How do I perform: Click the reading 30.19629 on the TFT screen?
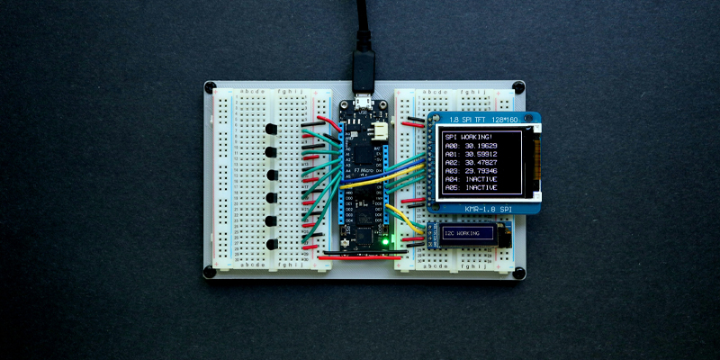(x=488, y=146)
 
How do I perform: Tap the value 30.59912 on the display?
(x=488, y=157)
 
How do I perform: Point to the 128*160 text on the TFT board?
(x=509, y=120)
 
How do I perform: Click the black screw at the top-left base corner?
(x=210, y=88)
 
